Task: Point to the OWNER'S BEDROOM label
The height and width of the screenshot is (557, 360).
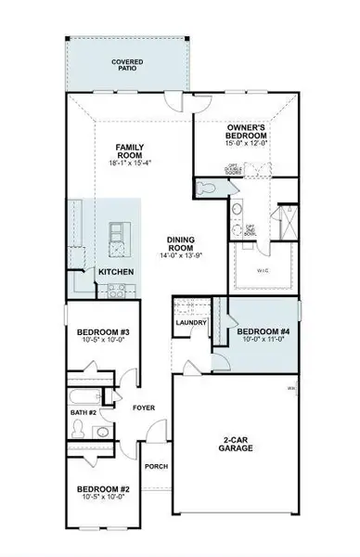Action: click(x=248, y=130)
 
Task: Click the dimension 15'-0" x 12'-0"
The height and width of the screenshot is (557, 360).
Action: click(x=248, y=143)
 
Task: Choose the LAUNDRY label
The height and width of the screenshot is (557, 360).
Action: click(x=190, y=323)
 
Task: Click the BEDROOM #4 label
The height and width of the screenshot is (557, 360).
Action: click(x=263, y=332)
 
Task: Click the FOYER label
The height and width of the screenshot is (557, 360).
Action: click(x=143, y=407)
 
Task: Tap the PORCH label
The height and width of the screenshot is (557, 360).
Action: click(x=156, y=466)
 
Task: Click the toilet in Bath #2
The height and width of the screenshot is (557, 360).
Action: click(x=80, y=428)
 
